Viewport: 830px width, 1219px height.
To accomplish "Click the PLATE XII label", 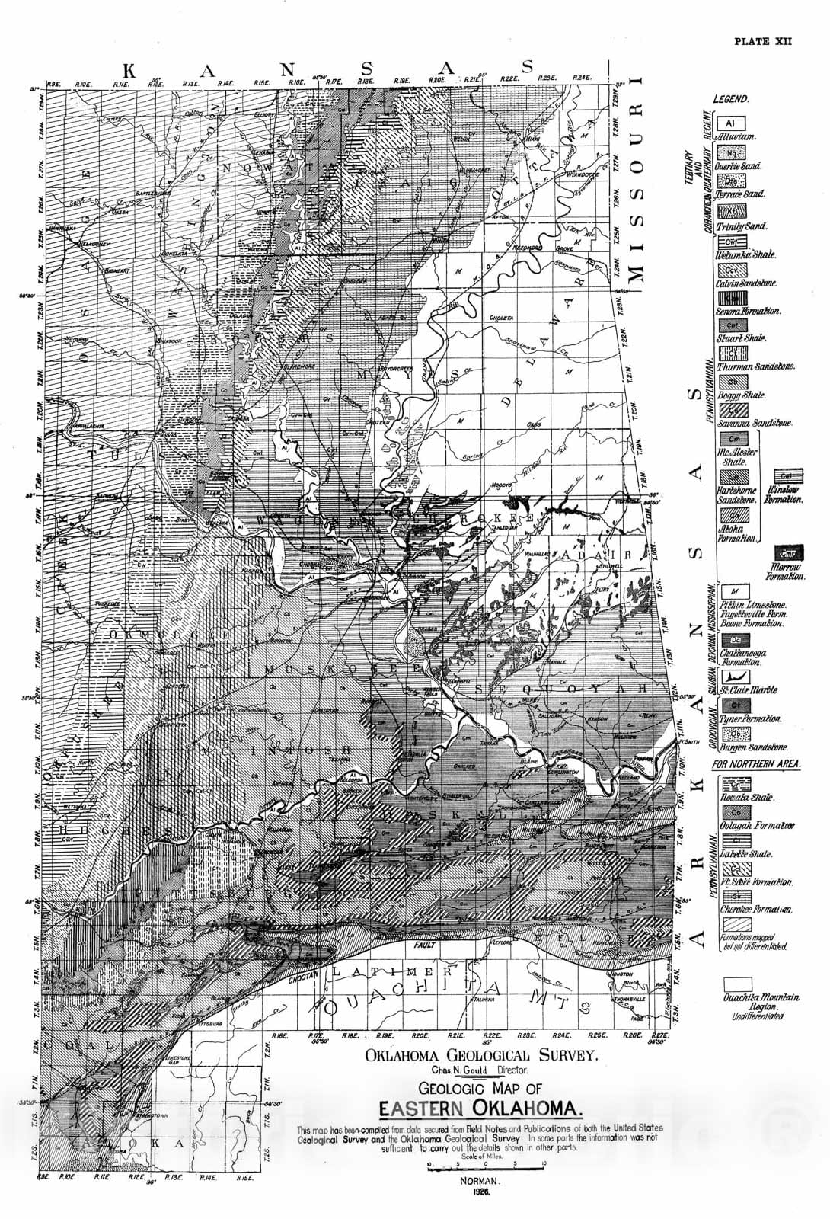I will pyautogui.click(x=762, y=40).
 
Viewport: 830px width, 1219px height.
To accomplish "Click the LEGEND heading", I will pyautogui.click(x=731, y=99).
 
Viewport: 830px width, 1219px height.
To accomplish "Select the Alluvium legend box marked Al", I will pyautogui.click(x=730, y=123).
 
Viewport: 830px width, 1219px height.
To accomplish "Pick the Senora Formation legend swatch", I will pyautogui.click(x=732, y=297).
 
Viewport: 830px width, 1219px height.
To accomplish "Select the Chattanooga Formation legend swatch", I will pyautogui.click(x=732, y=639).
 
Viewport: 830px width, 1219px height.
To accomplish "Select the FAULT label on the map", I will pyautogui.click(x=426, y=945).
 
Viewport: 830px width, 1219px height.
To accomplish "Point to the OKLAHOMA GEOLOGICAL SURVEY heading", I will pyautogui.click(x=481, y=1055).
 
